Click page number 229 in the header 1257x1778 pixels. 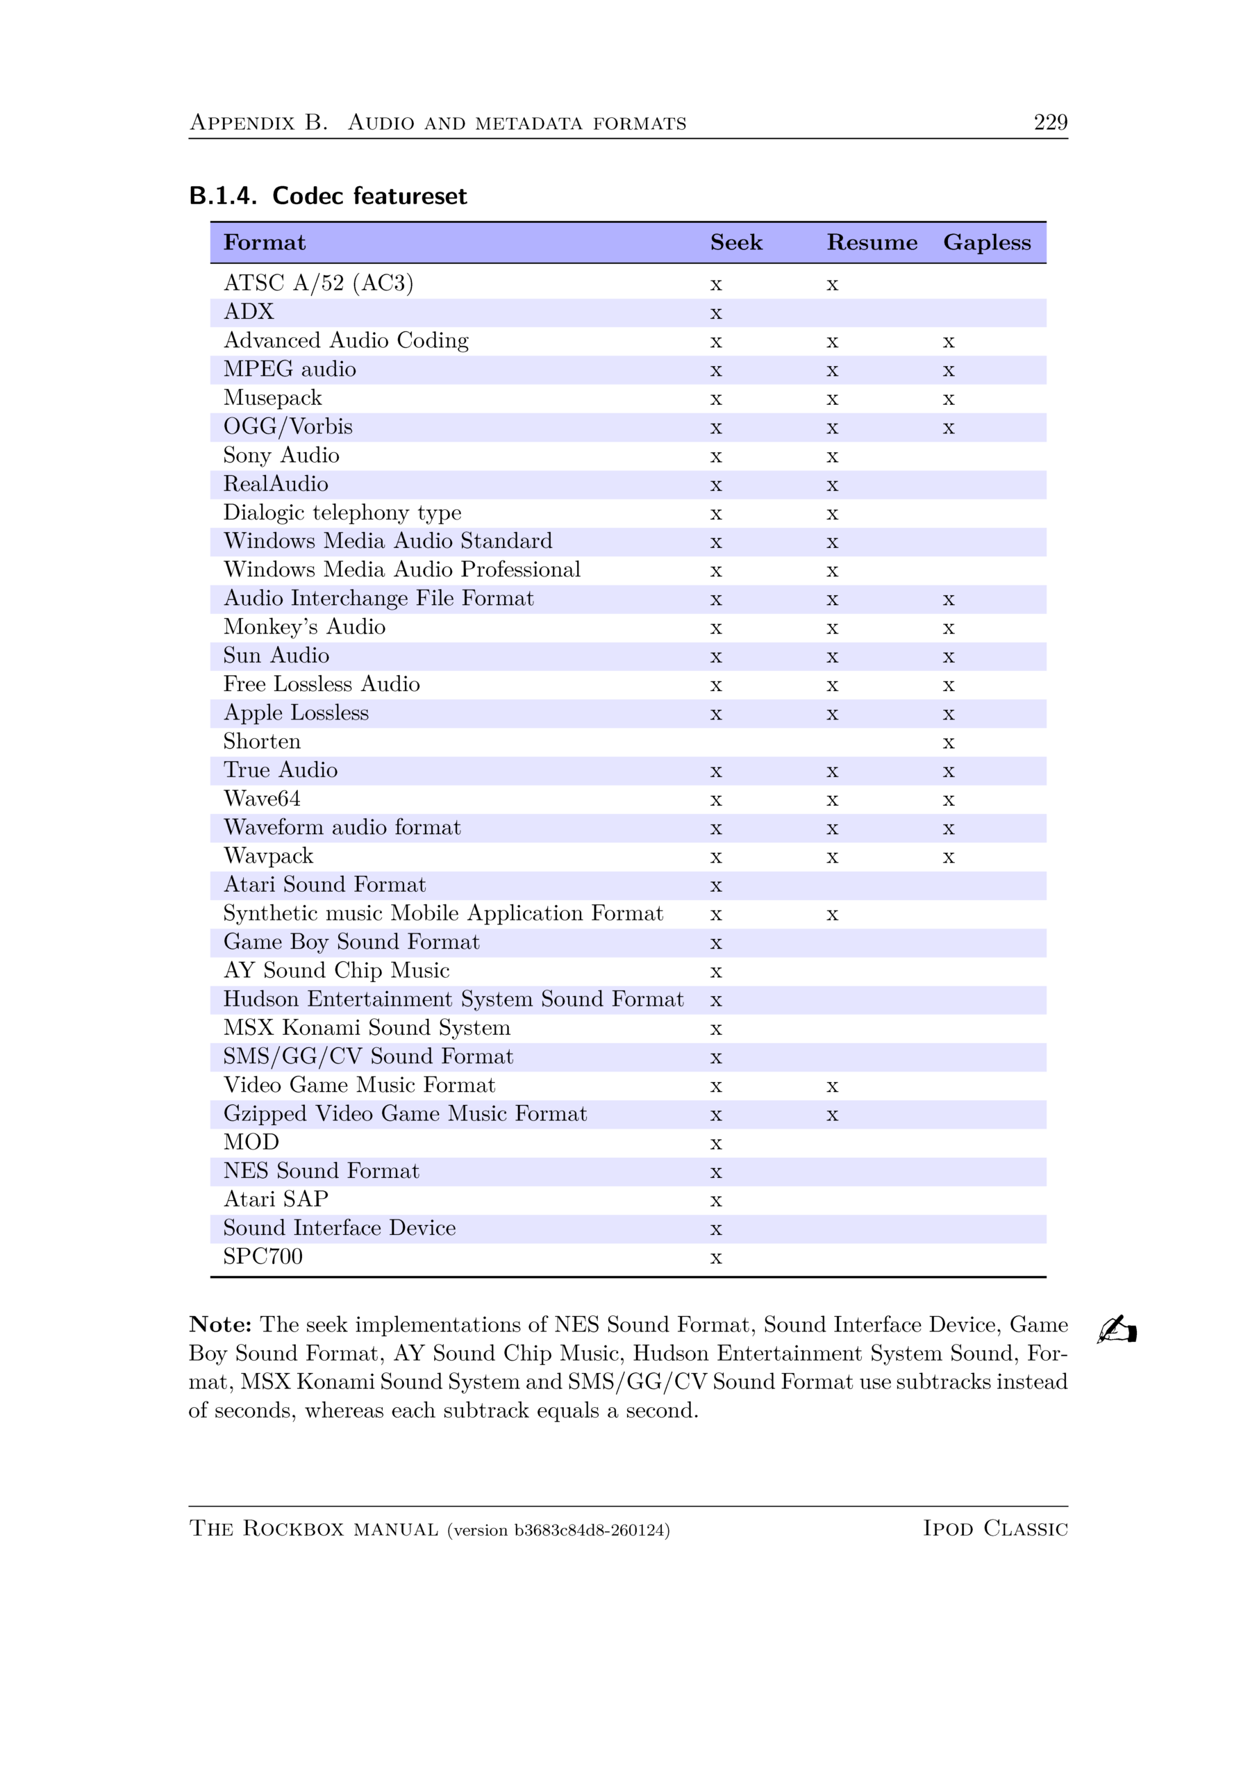(1050, 122)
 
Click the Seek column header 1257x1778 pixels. (735, 242)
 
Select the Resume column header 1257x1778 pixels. (872, 242)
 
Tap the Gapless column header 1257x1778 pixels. (987, 242)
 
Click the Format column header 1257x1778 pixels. (264, 242)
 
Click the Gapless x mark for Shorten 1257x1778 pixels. (948, 743)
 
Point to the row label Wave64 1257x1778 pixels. (262, 799)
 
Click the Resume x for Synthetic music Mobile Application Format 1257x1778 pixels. (832, 915)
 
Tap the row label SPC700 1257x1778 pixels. (263, 1256)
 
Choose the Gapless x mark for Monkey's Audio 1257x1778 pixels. (948, 629)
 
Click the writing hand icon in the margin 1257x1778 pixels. (1116, 1329)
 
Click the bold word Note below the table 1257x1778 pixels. (220, 1324)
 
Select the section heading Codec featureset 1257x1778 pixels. (369, 196)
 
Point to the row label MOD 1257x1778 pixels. (251, 1143)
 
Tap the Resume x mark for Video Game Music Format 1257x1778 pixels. (832, 1087)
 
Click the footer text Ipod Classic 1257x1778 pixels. (994, 1529)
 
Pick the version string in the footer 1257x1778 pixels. (558, 1530)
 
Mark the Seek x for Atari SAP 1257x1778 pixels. (715, 1201)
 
